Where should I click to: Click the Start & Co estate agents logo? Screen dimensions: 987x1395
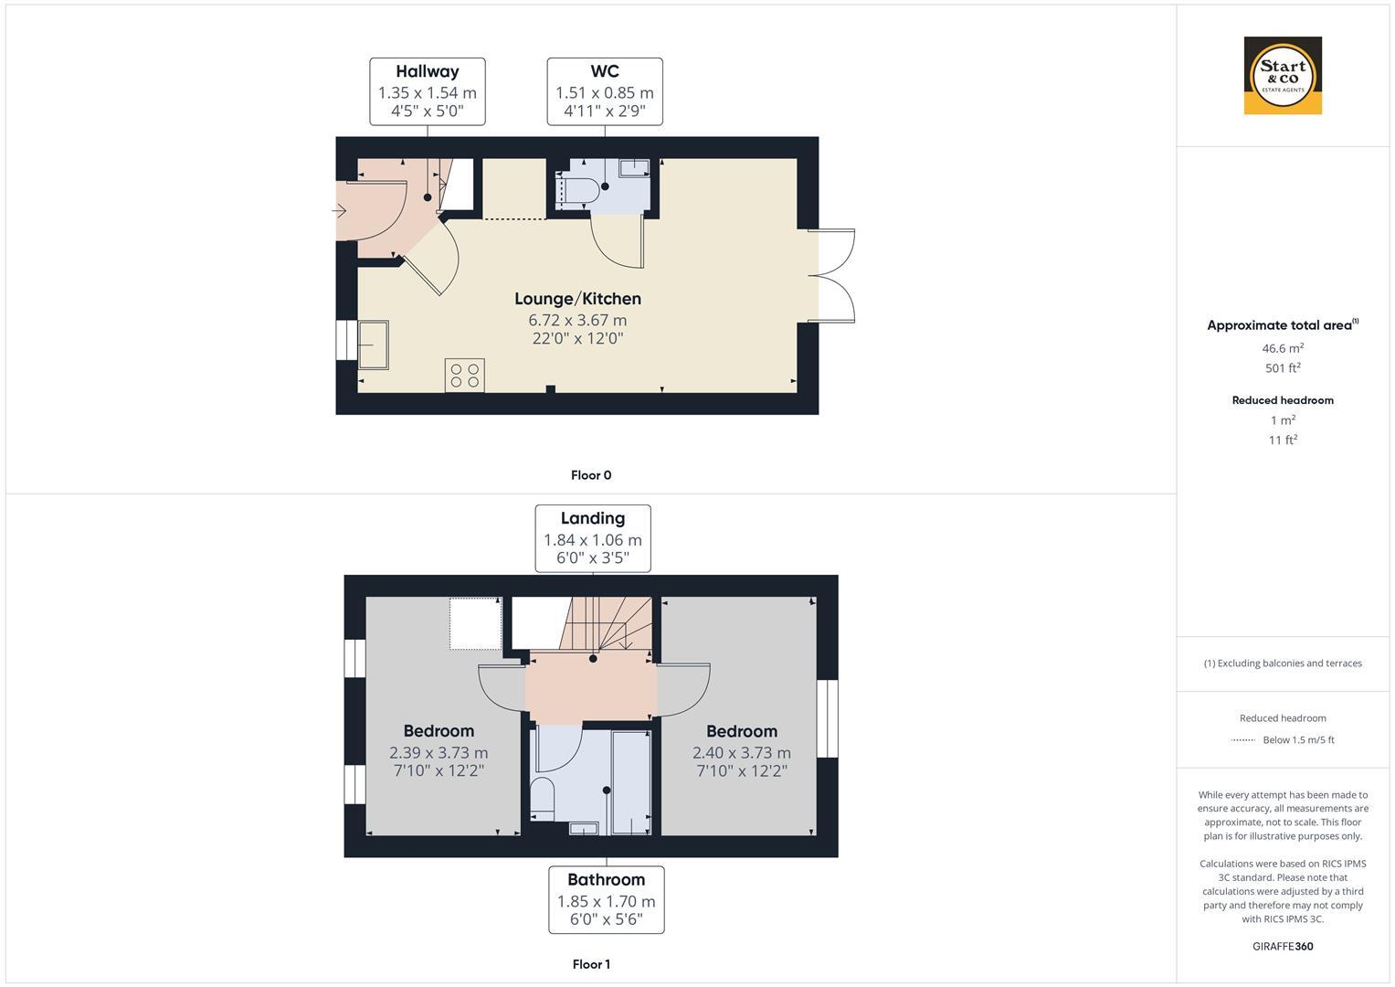(1283, 76)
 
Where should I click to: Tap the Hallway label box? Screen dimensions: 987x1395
(427, 91)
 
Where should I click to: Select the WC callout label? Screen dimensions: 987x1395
(604, 91)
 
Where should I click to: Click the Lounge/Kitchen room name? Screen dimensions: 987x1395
(577, 299)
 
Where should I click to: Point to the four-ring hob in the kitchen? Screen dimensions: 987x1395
(464, 376)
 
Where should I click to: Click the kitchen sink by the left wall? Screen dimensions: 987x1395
(373, 344)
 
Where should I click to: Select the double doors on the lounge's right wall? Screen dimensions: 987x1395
(833, 276)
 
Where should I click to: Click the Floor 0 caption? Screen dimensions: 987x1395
(591, 475)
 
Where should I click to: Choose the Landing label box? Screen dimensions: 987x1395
(592, 538)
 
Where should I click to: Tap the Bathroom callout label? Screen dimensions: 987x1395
(606, 900)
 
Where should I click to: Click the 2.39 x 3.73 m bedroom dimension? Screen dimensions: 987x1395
(439, 753)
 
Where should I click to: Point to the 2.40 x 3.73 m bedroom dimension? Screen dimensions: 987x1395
(741, 753)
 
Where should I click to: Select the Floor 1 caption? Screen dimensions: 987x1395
(591, 964)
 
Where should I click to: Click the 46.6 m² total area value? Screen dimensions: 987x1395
(1283, 348)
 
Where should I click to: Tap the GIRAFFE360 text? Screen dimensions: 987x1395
(1283, 947)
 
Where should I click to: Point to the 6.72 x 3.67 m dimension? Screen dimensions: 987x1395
(577, 320)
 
